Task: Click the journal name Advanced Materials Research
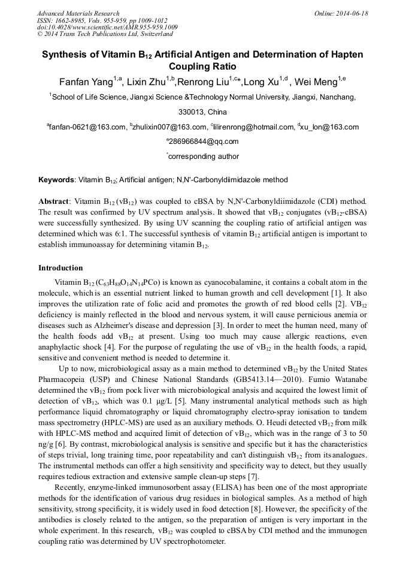tap(78, 13)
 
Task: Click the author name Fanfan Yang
tap(87, 82)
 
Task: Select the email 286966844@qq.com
tap(204, 142)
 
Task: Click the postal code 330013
tap(191, 112)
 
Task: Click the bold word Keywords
tap(56, 180)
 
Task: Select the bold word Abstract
tap(54, 201)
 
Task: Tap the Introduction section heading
tap(60, 268)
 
